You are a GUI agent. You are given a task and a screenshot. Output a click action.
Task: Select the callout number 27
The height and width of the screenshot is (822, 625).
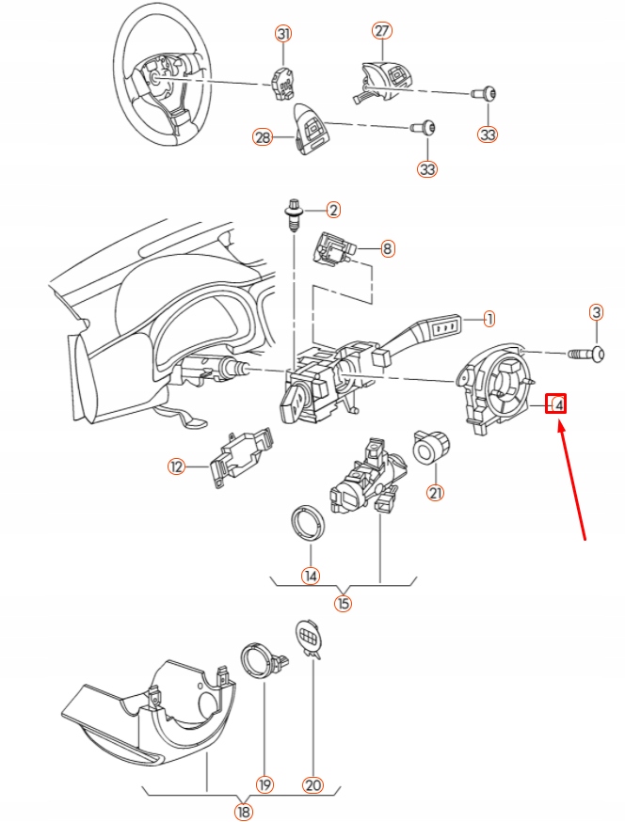(382, 30)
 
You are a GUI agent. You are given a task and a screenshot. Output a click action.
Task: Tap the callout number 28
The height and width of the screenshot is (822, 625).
(263, 137)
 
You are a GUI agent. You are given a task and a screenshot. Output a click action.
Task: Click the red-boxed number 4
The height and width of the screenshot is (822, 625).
(557, 404)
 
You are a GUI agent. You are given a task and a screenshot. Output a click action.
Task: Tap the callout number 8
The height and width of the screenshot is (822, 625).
(387, 249)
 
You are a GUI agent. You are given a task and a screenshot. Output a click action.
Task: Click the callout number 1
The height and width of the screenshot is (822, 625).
(489, 319)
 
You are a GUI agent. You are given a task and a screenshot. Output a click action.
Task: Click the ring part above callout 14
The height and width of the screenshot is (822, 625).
(308, 523)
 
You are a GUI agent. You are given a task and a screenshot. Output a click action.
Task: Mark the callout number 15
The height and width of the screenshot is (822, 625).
(343, 603)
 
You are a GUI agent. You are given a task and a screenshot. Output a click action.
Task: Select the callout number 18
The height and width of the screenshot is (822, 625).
(244, 811)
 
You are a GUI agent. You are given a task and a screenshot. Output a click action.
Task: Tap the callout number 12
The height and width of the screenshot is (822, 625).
(175, 466)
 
